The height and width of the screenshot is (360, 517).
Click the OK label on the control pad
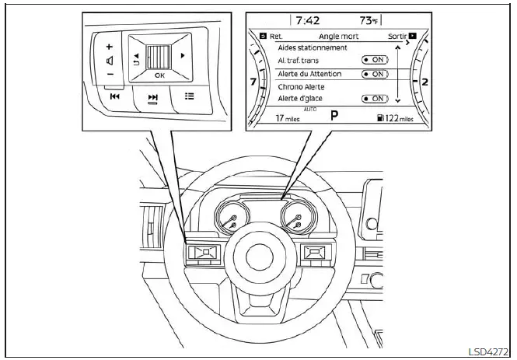pyautogui.click(x=159, y=75)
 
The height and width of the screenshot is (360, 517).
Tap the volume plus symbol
pyautogui.click(x=109, y=46)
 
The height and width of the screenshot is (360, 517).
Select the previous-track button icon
pyautogui.click(x=114, y=96)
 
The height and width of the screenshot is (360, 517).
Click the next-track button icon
pyautogui.click(x=153, y=97)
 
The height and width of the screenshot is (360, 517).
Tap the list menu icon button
pyautogui.click(x=189, y=96)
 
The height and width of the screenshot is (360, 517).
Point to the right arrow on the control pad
pyautogui.click(x=183, y=55)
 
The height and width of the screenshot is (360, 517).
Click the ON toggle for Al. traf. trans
pyautogui.click(x=376, y=60)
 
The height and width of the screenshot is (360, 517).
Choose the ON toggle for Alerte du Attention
pyautogui.click(x=376, y=74)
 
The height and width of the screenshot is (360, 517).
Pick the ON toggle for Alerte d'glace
pyautogui.click(x=376, y=99)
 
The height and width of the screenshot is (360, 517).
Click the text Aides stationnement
pyautogui.click(x=313, y=47)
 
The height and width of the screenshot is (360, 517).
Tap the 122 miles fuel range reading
pyautogui.click(x=396, y=118)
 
